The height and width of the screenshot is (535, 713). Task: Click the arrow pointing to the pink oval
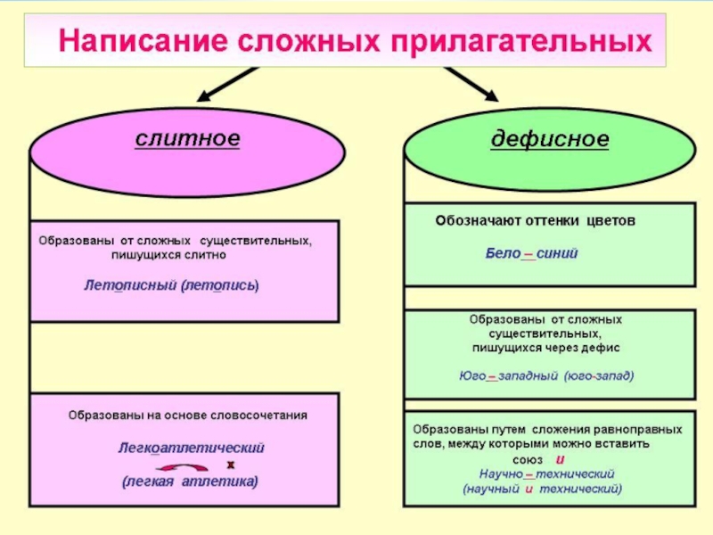(221, 86)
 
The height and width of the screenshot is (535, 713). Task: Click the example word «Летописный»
(129, 286)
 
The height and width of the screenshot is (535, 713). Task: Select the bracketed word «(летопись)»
(219, 286)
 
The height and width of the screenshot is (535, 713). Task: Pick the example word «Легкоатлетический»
(191, 447)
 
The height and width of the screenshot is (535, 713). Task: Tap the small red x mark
(230, 464)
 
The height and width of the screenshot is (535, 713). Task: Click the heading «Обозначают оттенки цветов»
(535, 220)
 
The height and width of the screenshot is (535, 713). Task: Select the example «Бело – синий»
(531, 253)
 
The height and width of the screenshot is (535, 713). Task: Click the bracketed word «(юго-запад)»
(599, 375)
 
